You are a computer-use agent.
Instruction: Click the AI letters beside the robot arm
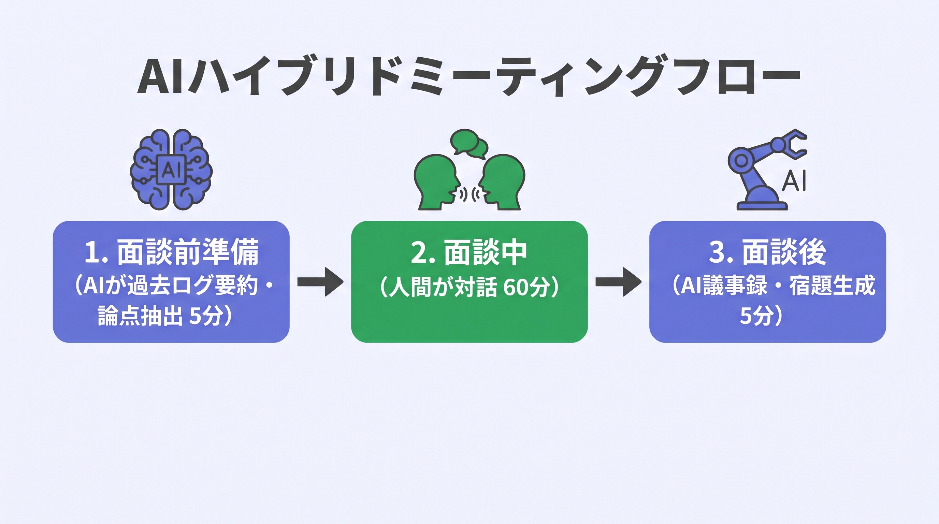[x=795, y=180]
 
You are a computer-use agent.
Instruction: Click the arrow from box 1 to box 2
[x=320, y=282]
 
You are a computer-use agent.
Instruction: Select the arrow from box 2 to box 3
[x=618, y=282]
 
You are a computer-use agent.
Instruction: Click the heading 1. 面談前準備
[x=171, y=252]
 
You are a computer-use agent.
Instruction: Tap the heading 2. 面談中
[x=469, y=252]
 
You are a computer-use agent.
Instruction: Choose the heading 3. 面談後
[x=767, y=252]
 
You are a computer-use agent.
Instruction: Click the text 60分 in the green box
[x=527, y=287]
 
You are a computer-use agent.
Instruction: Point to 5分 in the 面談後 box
[x=756, y=315]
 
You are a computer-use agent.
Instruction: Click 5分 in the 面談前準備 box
[x=206, y=315]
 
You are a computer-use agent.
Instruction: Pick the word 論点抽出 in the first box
[x=140, y=315]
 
